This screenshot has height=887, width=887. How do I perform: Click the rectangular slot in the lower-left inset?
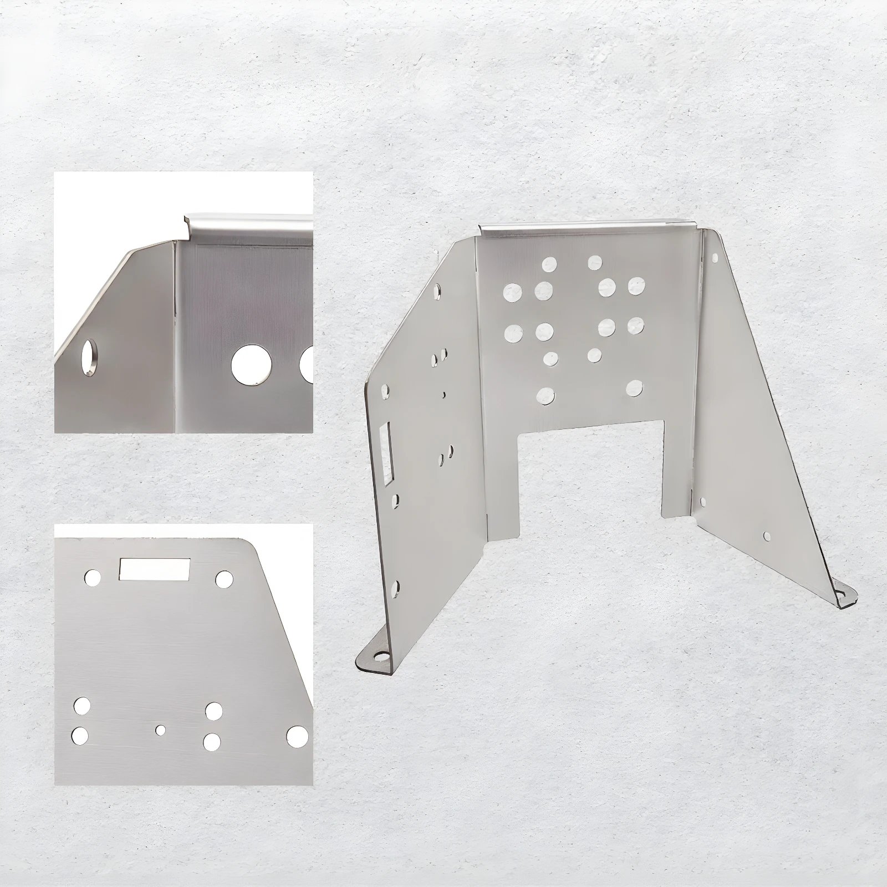[155, 569]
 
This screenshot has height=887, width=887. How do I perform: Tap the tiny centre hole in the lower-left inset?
[161, 730]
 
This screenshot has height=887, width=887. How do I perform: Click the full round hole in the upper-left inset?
[247, 365]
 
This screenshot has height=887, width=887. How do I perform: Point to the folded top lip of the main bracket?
[588, 226]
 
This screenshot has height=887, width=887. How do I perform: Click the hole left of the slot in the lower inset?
[93, 577]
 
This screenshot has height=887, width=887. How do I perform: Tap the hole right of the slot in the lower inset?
[224, 579]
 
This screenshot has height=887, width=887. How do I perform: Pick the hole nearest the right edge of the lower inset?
[297, 735]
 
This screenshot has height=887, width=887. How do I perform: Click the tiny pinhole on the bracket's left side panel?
[444, 395]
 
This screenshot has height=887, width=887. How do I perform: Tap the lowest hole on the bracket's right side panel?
[767, 536]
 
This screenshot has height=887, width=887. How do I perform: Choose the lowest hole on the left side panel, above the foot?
[396, 585]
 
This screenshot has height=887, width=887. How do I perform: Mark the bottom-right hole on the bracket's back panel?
[635, 388]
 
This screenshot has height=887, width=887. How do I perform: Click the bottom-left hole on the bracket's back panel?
[546, 395]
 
